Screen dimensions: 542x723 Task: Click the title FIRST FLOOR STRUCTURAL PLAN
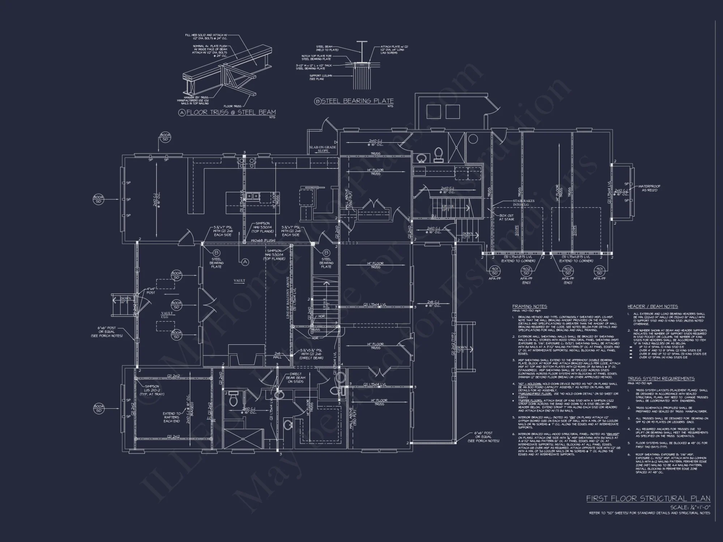pos(648,499)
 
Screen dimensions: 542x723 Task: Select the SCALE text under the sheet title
pos(690,507)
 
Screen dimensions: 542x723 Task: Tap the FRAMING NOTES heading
pos(530,306)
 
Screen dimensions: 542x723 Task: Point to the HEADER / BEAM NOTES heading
pos(653,306)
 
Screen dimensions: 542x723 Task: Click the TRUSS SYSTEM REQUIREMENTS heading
pos(661,379)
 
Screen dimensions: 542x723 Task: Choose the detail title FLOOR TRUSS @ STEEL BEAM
pos(231,112)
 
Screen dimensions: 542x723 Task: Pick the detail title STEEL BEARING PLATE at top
pos(357,101)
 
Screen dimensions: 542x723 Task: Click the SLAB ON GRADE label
pos(322,147)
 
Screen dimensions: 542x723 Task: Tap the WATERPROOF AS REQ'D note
pos(649,188)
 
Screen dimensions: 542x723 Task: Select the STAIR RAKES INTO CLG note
pos(523,203)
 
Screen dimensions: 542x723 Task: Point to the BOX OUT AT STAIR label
pos(506,217)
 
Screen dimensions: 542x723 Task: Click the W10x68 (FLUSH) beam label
pos(263,240)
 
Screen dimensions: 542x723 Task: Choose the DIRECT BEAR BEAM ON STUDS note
pos(296,378)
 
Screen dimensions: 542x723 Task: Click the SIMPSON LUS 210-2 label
pos(152,390)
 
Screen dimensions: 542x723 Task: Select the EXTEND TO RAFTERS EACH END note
pos(171,417)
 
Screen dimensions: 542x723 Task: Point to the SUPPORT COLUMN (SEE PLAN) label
pos(317,77)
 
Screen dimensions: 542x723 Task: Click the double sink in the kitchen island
pos(252,196)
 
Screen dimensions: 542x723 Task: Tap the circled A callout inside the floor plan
pos(245,262)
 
